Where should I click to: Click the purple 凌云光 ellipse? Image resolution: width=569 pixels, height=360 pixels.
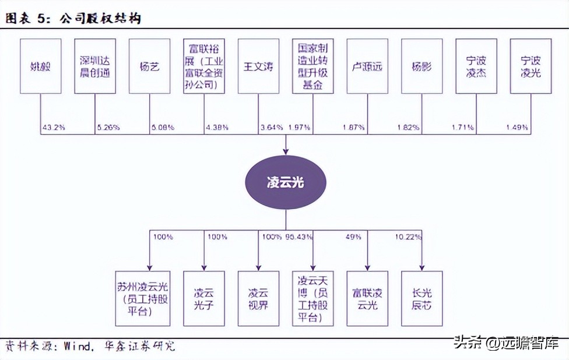tap(286, 183)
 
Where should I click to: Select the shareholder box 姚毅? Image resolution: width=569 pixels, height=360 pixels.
tap(41, 66)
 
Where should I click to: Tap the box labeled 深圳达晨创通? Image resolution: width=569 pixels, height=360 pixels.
tap(95, 66)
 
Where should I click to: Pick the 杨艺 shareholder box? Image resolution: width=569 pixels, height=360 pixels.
tap(149, 66)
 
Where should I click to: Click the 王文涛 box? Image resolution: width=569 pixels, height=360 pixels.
tap(258, 66)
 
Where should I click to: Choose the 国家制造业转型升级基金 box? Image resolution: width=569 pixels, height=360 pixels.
tap(312, 66)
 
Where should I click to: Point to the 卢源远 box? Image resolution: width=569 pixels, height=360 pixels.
tap(367, 66)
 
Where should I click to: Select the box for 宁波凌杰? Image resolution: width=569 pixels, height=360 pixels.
tap(476, 66)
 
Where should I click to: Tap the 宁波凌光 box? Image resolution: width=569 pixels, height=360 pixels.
tap(531, 66)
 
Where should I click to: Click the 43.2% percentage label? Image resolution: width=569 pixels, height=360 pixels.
tap(53, 127)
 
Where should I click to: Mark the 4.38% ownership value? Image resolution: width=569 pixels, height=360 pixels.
tap(216, 127)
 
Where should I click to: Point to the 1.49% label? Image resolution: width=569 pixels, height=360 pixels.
tap(517, 127)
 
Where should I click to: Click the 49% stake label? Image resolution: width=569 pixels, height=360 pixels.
tap(353, 237)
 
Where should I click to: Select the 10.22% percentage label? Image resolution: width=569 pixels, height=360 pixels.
tap(407, 237)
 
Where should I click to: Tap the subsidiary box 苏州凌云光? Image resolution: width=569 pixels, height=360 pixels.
tap(149, 298)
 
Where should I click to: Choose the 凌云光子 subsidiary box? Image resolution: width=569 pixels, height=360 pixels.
tap(204, 298)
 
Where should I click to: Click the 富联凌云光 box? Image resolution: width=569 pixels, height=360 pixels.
tap(367, 298)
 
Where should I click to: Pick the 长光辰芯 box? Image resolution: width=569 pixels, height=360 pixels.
tap(422, 298)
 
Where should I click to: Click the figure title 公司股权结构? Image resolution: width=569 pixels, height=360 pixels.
tap(99, 19)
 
